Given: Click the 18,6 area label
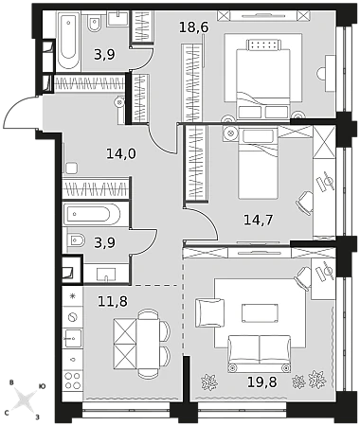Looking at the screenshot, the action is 194,27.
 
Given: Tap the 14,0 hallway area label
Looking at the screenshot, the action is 121,154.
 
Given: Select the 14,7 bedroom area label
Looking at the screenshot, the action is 258,220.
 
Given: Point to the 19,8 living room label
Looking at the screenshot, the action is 261,382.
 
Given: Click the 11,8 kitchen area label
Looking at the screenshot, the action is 113,301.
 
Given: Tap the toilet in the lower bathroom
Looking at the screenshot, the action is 76,241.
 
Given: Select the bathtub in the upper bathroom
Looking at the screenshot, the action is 68,41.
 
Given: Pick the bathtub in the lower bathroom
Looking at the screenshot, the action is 92,215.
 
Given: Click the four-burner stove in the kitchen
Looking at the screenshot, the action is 73,381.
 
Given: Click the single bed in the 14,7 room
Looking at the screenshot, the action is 259,163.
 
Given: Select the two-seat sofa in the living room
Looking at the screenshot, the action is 260,353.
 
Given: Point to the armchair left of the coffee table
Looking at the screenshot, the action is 209,312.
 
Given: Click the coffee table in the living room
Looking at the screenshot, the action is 260,313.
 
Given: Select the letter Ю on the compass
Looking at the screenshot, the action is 42,386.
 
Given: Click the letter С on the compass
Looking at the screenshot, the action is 7,413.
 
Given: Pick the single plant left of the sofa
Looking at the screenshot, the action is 209,382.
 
